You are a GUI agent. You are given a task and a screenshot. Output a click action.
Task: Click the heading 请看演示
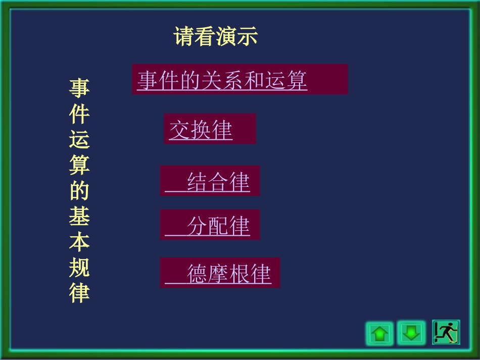coord(216,37)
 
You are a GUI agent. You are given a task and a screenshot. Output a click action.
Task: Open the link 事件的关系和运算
coord(222,80)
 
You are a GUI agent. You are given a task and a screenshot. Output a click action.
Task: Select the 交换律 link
coord(201,130)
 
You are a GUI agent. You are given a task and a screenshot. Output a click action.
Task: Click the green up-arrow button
coord(379,333)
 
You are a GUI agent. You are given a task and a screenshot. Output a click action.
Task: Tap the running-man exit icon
coord(446,332)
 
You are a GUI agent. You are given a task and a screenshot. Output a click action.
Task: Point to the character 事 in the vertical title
coord(79,88)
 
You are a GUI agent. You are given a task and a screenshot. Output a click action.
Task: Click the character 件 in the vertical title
coord(79,114)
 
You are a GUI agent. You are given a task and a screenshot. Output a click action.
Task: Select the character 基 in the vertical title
coord(79,217)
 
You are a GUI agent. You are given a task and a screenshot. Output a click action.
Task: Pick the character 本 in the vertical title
coord(79,242)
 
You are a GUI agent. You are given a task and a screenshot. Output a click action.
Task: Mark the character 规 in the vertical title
coord(79,268)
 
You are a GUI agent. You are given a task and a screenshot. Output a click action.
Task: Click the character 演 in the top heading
coord(226,37)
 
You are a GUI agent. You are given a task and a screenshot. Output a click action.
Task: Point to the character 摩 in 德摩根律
coord(218,273)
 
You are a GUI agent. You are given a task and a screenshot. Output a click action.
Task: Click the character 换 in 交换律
coord(201,130)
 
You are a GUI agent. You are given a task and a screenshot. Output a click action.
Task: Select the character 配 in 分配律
coord(218,225)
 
